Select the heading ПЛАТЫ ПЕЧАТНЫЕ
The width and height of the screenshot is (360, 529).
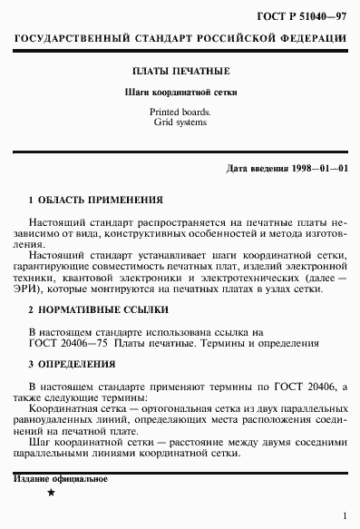pyautogui.click(x=180, y=70)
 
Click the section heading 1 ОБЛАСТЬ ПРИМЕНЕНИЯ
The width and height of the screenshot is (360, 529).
pyautogui.click(x=96, y=198)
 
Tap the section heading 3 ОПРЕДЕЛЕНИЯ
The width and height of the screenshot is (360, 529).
pyautogui.click(x=73, y=364)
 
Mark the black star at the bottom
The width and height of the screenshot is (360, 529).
pyautogui.click(x=51, y=491)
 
